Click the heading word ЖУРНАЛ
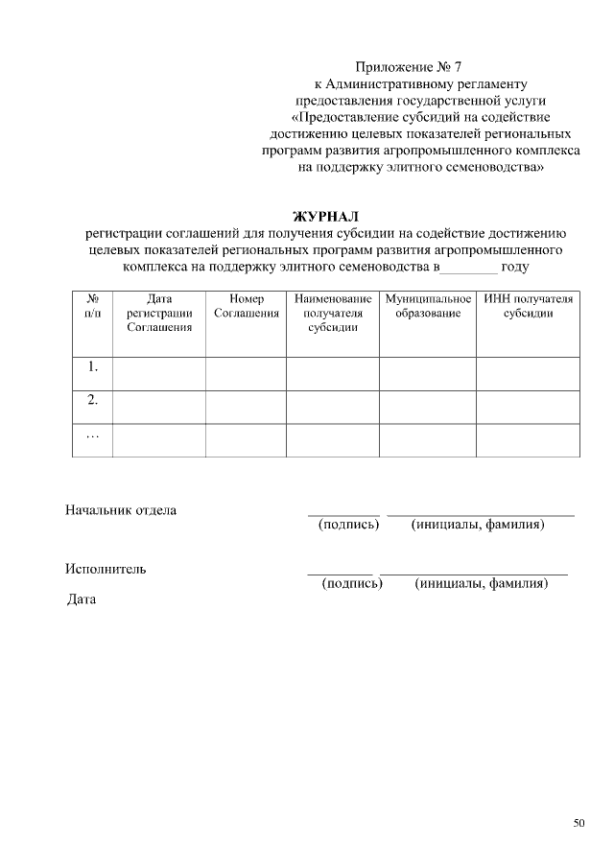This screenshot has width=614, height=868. click(x=325, y=216)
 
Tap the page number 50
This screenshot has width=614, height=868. click(x=579, y=823)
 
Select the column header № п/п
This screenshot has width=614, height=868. click(x=93, y=307)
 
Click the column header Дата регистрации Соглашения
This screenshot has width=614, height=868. click(x=159, y=313)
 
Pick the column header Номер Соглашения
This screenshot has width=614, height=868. click(x=246, y=307)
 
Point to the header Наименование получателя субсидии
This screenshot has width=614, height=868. click(x=333, y=313)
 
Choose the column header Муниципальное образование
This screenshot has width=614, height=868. click(x=428, y=307)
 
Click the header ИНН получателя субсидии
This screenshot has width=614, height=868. click(x=529, y=307)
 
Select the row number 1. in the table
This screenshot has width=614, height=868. click(x=93, y=366)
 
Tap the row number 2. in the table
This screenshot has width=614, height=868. click(x=93, y=400)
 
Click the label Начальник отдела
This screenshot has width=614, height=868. click(x=121, y=510)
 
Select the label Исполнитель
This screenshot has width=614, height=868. click(x=106, y=569)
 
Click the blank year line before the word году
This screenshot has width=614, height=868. click(x=467, y=268)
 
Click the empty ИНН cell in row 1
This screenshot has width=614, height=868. click(x=529, y=373)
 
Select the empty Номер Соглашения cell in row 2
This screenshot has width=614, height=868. click(x=246, y=407)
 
